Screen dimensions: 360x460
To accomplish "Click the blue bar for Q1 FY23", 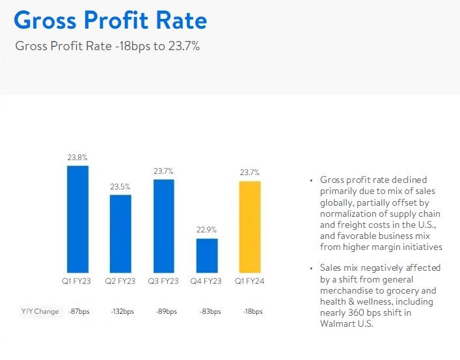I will [x=77, y=219].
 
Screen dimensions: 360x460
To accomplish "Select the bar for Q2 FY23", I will [x=120, y=233].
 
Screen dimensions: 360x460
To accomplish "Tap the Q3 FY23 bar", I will [x=164, y=225].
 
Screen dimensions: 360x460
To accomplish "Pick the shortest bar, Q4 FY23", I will [x=207, y=255].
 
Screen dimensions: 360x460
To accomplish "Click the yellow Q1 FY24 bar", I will [x=250, y=226].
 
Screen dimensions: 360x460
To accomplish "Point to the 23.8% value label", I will [x=77, y=158].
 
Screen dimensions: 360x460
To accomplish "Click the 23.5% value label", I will [x=120, y=186].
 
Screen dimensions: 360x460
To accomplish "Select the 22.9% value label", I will [x=207, y=230].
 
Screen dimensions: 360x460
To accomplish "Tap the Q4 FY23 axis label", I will [x=207, y=281].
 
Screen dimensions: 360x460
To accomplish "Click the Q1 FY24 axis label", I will [x=250, y=281].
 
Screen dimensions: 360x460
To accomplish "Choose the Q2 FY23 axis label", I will [x=120, y=281].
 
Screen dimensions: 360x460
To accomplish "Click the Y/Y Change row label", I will [x=40, y=312].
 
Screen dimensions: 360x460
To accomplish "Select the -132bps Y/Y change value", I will [x=121, y=312].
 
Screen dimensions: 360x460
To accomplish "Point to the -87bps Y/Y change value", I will [x=78, y=312].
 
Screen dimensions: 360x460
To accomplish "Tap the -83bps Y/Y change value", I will [x=208, y=312].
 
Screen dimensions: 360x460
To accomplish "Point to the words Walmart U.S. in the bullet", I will [x=347, y=325].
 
